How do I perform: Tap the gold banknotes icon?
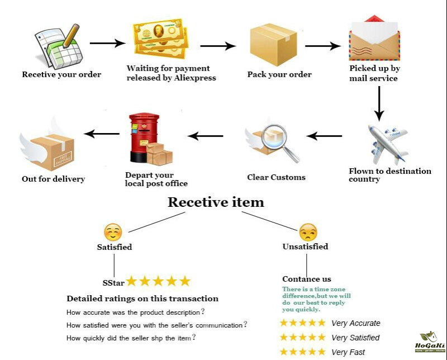(x=158, y=41)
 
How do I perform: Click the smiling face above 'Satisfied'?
(x=113, y=231)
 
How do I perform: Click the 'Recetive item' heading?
(x=216, y=202)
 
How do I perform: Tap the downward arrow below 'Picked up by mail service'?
(x=379, y=103)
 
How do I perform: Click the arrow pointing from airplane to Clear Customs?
(x=324, y=136)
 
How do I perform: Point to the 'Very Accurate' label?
(x=355, y=323)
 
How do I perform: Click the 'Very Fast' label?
(x=348, y=352)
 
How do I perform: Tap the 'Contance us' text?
(x=307, y=279)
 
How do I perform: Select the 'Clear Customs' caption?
(x=276, y=177)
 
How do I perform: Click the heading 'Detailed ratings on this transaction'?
(x=142, y=299)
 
